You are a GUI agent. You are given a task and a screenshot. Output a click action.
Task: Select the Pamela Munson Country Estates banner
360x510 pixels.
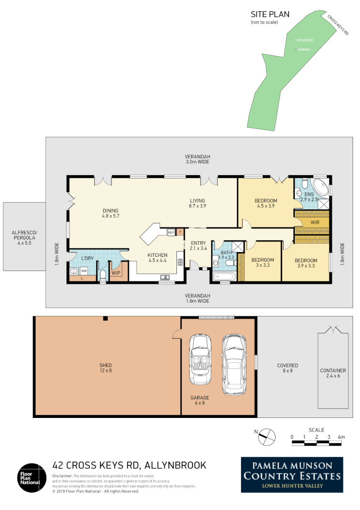292,475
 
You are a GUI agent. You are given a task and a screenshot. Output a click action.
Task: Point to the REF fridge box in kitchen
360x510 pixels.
171,232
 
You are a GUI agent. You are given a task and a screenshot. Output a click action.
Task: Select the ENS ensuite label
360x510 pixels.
309,194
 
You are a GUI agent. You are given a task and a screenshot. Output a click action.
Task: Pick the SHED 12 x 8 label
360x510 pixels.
106,368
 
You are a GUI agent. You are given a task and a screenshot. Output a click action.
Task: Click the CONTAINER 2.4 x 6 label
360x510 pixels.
333,374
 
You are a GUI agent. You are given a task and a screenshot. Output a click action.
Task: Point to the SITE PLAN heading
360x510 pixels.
270,15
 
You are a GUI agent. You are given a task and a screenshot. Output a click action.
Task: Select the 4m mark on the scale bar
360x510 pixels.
341,437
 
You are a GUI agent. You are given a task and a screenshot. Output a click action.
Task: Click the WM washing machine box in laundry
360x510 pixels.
84,271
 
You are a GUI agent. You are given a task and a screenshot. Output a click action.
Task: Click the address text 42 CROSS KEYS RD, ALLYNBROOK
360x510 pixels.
129,465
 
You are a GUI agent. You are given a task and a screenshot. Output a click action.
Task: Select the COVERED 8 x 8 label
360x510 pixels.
287,368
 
